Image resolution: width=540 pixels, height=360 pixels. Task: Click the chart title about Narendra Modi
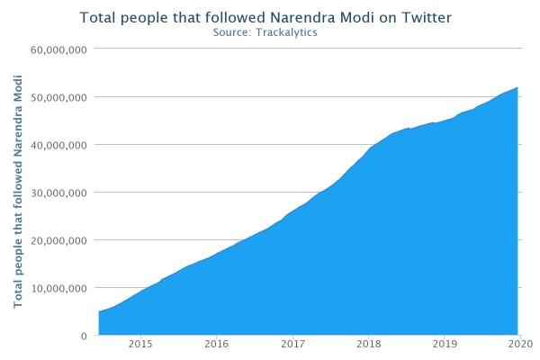[265, 17]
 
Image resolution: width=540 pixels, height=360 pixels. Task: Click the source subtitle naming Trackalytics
[265, 32]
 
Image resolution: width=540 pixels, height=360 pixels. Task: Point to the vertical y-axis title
[18, 193]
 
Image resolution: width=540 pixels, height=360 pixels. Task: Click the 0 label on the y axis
[83, 336]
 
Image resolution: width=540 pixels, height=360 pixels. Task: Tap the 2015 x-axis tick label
[139, 344]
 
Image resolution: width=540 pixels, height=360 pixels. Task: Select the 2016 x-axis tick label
[216, 344]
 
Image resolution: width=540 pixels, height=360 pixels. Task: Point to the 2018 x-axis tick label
[368, 344]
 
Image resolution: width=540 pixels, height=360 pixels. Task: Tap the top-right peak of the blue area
[517, 88]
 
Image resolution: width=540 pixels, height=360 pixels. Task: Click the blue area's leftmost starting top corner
[99, 311]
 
